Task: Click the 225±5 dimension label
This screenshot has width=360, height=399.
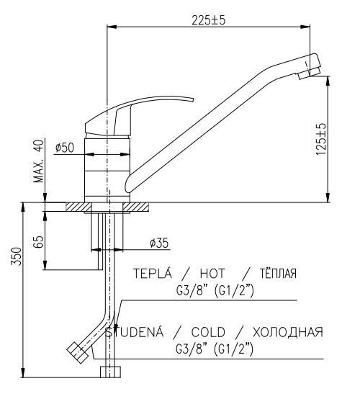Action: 208,20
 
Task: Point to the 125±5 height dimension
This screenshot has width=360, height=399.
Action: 321,139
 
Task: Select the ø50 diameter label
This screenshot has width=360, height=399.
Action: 65,148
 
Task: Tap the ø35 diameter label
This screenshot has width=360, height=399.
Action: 159,243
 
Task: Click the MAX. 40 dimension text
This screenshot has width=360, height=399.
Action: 39,161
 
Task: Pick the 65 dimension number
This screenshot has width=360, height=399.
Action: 38,242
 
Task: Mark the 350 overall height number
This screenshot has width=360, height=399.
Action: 16,256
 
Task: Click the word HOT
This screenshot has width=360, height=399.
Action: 212,274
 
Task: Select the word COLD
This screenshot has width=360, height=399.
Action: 208,332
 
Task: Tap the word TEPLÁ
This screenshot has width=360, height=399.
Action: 153,273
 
